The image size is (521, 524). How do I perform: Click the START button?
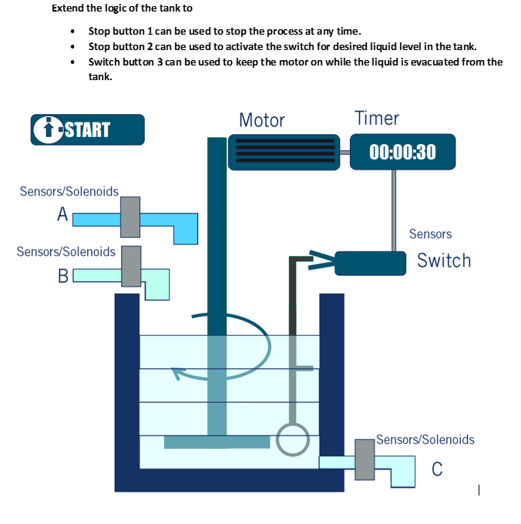pos(87,129)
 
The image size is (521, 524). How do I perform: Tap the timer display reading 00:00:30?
pos(402,152)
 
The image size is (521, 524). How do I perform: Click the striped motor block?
pos(284,151)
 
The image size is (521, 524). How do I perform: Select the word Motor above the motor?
pos(261,120)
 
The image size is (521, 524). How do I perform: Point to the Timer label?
pos(377,118)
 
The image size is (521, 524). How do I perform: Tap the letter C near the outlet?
pos(437,469)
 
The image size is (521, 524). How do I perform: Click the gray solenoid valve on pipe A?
pos(130,217)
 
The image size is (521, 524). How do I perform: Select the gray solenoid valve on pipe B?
pos(132,266)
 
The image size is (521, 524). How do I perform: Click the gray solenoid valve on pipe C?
pos(364,460)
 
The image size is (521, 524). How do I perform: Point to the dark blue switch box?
pos(370,263)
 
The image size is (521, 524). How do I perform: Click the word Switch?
pos(443,260)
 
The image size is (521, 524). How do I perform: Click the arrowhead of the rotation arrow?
pos(178,374)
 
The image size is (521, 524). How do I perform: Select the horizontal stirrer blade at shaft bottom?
pos(217,442)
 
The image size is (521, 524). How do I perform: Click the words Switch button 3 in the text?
pos(126,62)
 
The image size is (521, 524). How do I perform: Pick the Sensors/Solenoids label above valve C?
pos(425,439)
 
